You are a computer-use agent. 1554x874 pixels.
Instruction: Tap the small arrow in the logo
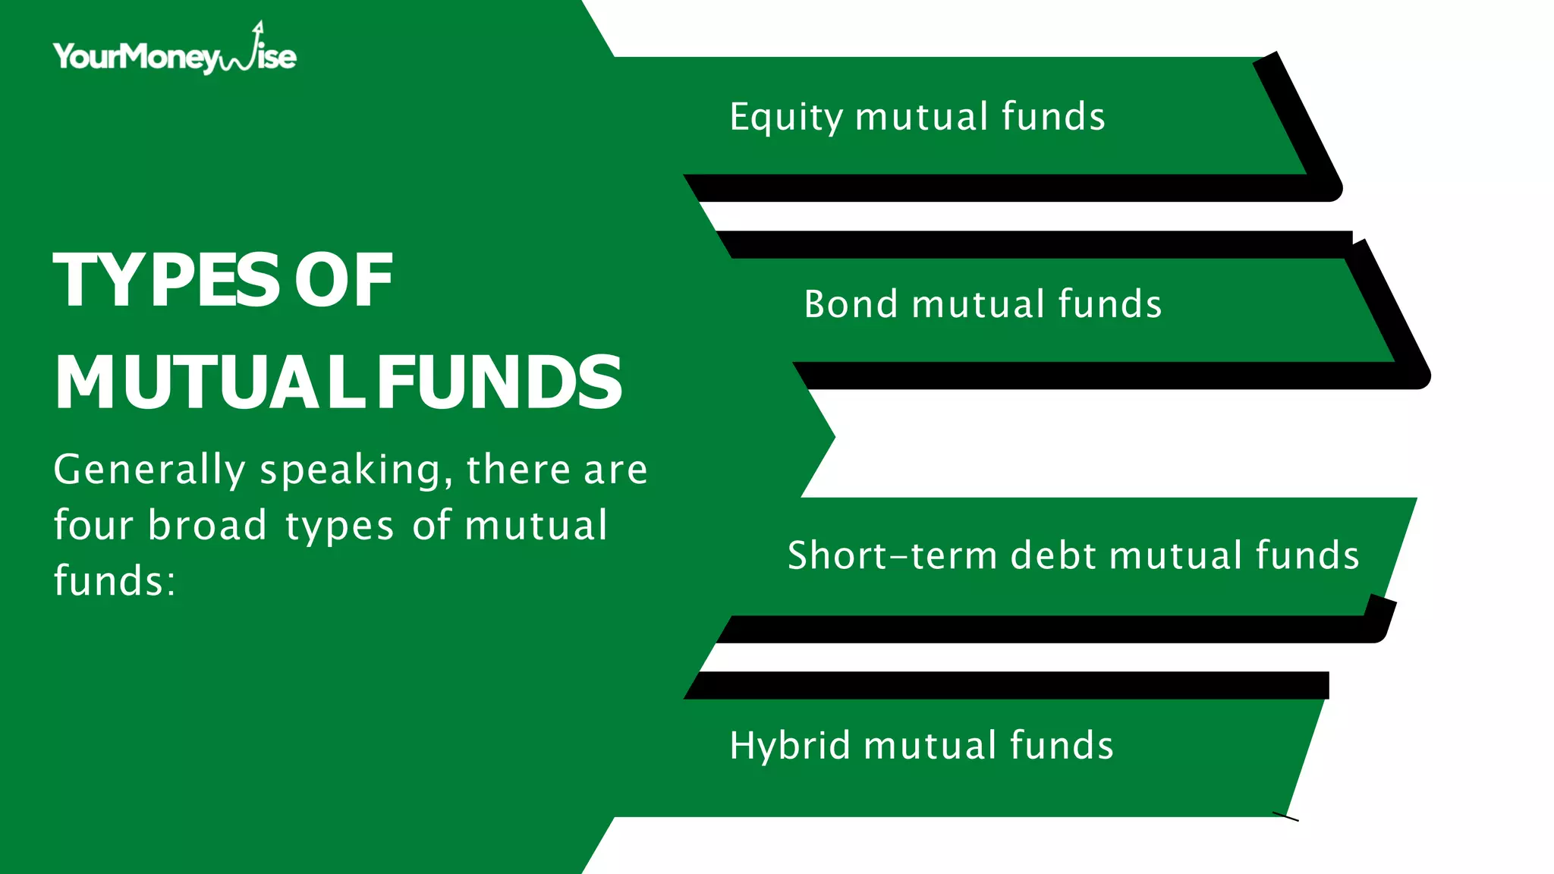tap(258, 28)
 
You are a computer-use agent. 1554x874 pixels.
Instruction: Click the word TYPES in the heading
tap(166, 280)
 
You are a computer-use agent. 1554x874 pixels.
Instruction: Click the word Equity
tap(786, 118)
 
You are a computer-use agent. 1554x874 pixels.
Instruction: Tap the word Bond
tap(851, 304)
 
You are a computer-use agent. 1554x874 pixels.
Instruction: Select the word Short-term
tap(892, 555)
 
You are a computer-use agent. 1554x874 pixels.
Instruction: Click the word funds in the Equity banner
tap(1053, 117)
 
